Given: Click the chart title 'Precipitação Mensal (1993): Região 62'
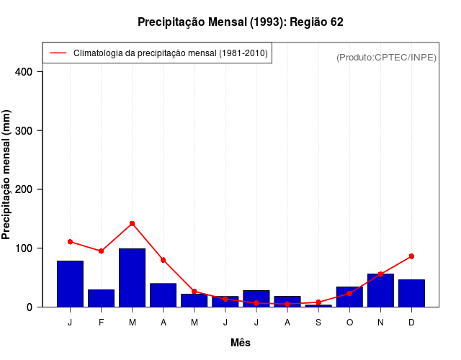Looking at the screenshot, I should coord(240,22).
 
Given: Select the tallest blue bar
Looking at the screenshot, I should coord(133,278).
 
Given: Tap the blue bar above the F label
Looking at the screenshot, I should coord(102,298).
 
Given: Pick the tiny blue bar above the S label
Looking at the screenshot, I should coord(318,305).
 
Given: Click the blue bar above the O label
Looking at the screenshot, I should coord(349,297).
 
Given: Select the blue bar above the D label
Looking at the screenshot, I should coord(411,293).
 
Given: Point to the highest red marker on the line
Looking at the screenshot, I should coord(133,224).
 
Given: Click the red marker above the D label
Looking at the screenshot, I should coord(411,256).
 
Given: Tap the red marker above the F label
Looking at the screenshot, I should coord(102,251).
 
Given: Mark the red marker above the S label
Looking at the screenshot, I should coord(318,302).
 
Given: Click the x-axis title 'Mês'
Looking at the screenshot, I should coord(241,343).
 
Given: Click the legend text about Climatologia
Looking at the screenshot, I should coord(171,53).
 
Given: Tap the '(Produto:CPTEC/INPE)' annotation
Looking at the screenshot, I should coord(387,57).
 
